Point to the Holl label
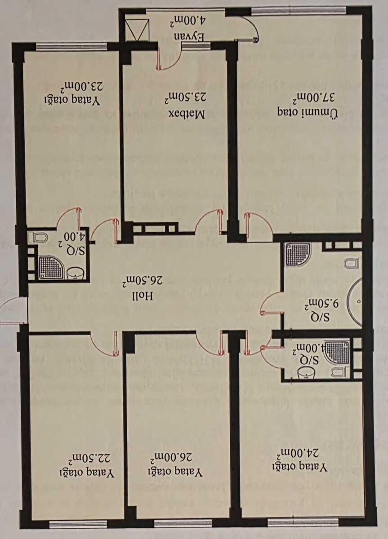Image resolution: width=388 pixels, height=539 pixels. pos(143,296)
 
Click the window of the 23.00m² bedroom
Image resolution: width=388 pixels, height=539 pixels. pos(71,46)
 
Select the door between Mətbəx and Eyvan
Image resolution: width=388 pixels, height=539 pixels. pos(169,59)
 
